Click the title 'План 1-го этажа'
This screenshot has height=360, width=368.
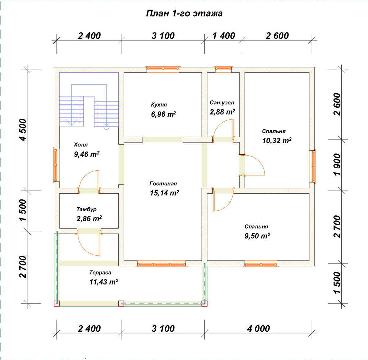pyautogui.click(x=184, y=14)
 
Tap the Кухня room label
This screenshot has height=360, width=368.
pyautogui.click(x=159, y=105)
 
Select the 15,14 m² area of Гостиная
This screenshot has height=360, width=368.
pyautogui.click(x=164, y=193)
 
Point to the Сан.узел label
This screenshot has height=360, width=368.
pyautogui.click(x=222, y=103)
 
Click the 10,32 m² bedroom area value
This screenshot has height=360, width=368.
pyautogui.click(x=277, y=141)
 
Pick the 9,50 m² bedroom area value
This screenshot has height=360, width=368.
pyautogui.click(x=257, y=236)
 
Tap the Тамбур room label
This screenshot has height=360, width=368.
pyautogui.click(x=86, y=209)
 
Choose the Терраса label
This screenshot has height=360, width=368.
pyautogui.click(x=100, y=273)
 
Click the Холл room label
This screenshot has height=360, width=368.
pyautogui.click(x=81, y=145)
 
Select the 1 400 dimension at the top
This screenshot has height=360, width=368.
pyautogui.click(x=224, y=36)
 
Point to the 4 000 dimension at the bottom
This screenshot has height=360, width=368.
pyautogui.click(x=258, y=329)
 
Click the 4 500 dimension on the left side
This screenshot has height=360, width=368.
pyautogui.click(x=23, y=130)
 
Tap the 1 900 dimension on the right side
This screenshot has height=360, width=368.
pyautogui.click(x=337, y=165)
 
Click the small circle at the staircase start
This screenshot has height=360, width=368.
pyautogui.click(x=106, y=127)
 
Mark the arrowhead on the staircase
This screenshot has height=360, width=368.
pyautogui.click(x=71, y=123)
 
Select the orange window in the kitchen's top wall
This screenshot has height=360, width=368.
pyautogui.click(x=163, y=68)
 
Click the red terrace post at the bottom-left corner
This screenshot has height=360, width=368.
pyautogui.click(x=57, y=304)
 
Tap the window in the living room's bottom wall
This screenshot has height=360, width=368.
pyautogui.click(x=162, y=264)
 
